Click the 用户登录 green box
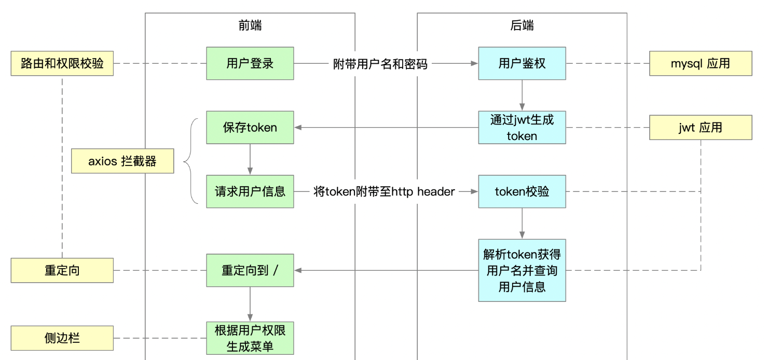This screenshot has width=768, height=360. click(x=250, y=63)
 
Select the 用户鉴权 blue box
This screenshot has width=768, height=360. click(x=522, y=63)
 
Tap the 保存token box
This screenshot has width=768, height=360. click(x=250, y=128)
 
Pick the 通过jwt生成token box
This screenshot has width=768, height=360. click(x=522, y=128)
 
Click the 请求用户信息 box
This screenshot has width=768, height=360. click(x=250, y=191)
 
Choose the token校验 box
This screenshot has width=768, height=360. click(x=522, y=191)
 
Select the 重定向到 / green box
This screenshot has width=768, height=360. click(x=250, y=270)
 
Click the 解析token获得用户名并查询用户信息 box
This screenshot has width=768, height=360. click(x=522, y=270)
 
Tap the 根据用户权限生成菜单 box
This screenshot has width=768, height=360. click(x=250, y=338)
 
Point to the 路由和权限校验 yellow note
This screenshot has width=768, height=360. click(x=62, y=63)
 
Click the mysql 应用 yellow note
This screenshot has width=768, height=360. click(x=700, y=63)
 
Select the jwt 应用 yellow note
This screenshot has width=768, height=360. click(x=700, y=128)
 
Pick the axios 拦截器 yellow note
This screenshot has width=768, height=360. click(x=122, y=161)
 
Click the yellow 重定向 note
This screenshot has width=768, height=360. click(x=62, y=270)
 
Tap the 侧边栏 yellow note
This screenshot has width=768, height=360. click(x=62, y=338)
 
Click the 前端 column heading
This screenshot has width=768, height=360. click(x=250, y=26)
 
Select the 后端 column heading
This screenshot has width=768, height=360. click(x=522, y=26)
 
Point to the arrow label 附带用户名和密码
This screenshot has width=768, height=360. click(x=380, y=64)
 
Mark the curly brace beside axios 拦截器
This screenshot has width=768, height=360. click(x=189, y=161)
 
